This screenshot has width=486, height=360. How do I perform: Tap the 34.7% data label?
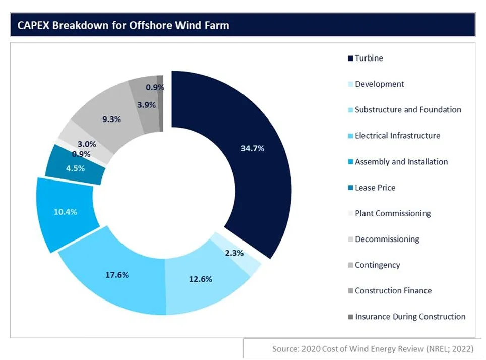point(253,148)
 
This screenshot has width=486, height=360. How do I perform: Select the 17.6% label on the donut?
point(116,275)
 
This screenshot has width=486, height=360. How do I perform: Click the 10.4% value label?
point(65,212)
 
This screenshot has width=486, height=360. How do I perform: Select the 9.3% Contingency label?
point(111,119)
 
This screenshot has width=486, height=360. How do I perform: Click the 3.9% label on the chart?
point(146,105)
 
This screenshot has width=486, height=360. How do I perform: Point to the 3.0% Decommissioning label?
point(87,144)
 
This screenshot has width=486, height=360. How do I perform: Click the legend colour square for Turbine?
point(350,58)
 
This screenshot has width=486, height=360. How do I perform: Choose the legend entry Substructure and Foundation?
point(407,110)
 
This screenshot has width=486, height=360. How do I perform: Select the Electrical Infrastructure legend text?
point(397,136)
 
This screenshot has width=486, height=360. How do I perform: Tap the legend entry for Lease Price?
point(375,188)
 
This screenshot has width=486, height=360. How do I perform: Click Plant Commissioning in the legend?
point(392,213)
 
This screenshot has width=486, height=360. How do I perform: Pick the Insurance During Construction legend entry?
point(409,317)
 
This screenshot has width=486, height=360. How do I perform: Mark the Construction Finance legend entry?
point(393,291)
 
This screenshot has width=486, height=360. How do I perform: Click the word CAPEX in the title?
point(33,25)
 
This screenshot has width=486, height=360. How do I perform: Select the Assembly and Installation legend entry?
point(401,162)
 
